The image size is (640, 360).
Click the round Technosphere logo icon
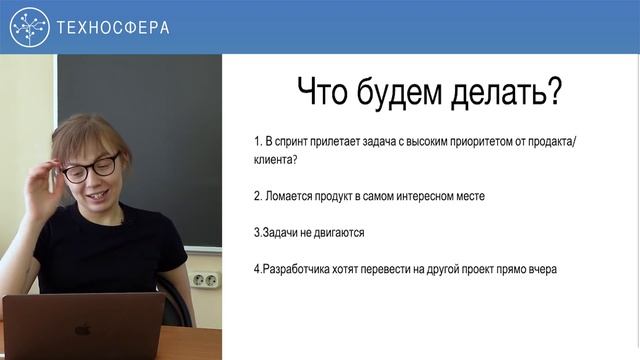(x=29, y=27)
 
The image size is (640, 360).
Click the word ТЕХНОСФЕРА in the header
(x=112, y=27)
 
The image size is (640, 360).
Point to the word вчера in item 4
(x=538, y=270)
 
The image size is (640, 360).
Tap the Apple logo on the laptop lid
(x=82, y=328)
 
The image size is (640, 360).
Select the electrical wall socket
(x=205, y=276)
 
